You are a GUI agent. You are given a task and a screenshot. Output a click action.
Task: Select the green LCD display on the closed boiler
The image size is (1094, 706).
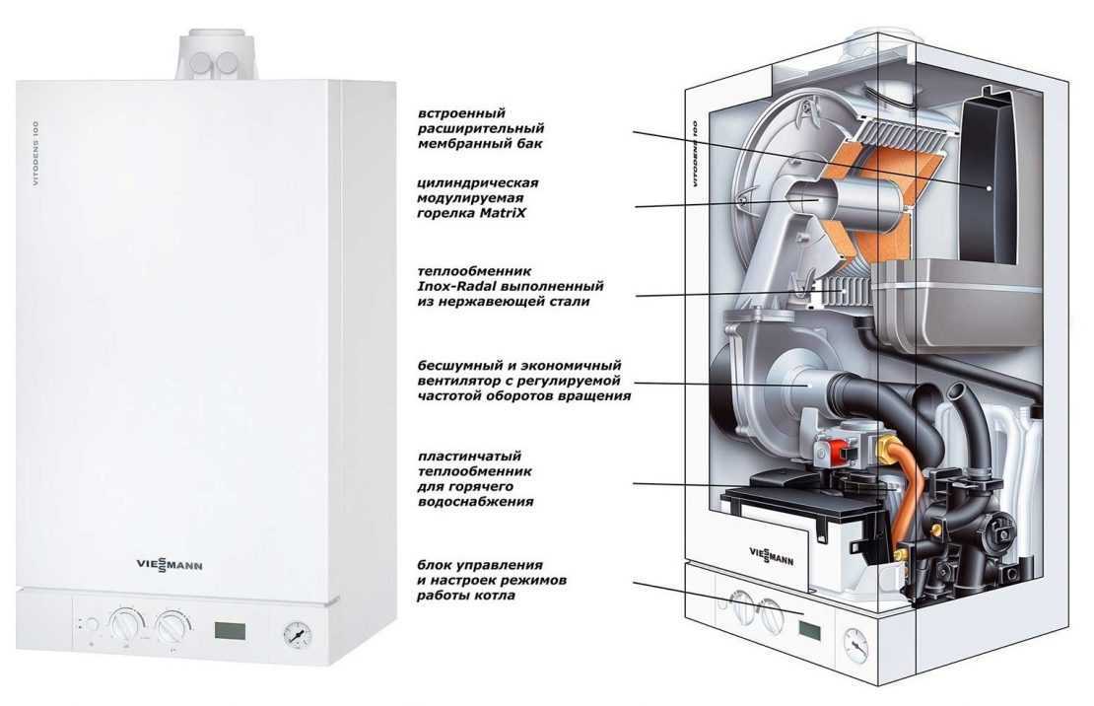pos(231,627)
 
